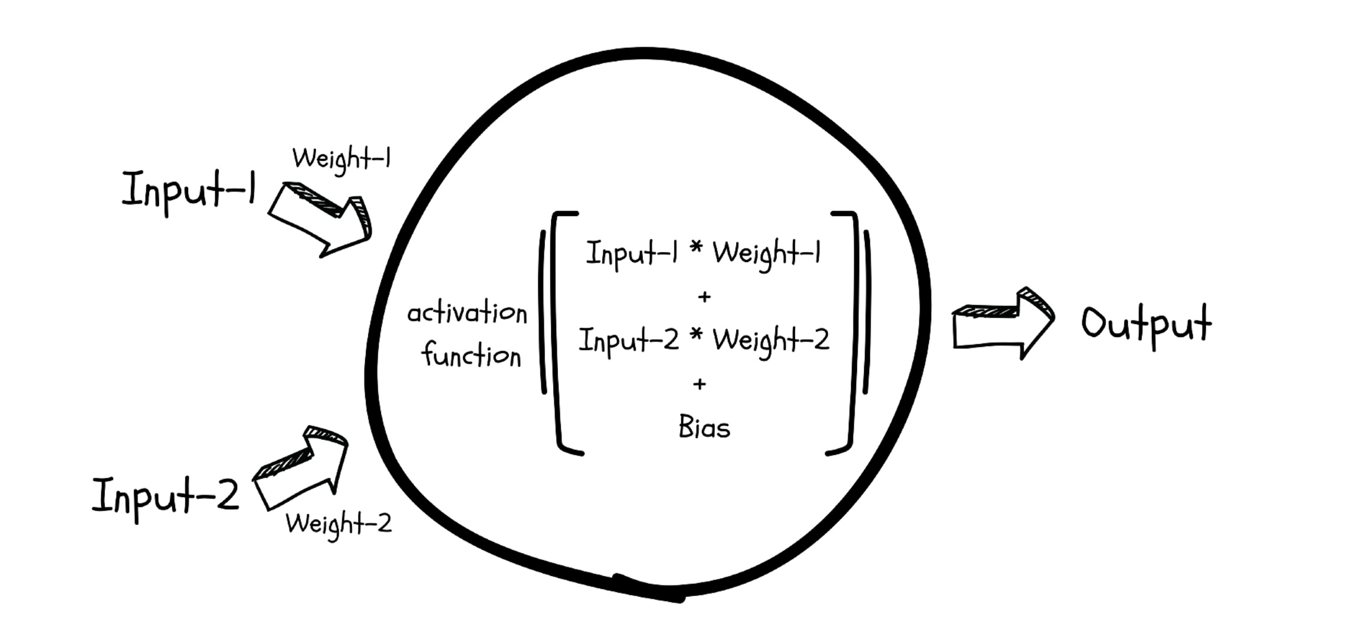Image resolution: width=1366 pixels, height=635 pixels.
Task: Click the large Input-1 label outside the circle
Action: pyautogui.click(x=189, y=190)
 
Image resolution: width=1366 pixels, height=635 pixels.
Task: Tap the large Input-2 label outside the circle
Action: pyautogui.click(x=165, y=497)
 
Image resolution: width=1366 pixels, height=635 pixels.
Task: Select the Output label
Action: pyautogui.click(x=1145, y=325)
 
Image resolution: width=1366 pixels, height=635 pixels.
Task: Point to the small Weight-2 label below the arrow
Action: pyautogui.click(x=339, y=524)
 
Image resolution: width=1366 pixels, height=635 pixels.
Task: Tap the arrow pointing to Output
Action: pyautogui.click(x=1003, y=323)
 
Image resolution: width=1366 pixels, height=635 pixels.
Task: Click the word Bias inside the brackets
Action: pyautogui.click(x=704, y=427)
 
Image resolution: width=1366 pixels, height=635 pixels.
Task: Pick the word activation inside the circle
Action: pyautogui.click(x=467, y=313)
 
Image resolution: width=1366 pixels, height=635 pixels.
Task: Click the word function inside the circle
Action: pyautogui.click(x=471, y=355)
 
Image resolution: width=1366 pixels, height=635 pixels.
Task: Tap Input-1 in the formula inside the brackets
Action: pyautogui.click(x=631, y=254)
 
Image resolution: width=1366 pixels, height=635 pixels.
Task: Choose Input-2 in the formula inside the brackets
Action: pyautogui.click(x=629, y=341)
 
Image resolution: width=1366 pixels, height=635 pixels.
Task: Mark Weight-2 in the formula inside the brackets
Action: pyautogui.click(x=770, y=341)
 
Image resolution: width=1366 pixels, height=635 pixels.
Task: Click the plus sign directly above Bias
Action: pyautogui.click(x=700, y=385)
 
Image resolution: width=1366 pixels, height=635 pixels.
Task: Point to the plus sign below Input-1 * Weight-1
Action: pyautogui.click(x=704, y=297)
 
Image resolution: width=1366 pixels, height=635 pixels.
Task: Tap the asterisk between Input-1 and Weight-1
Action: pyautogui.click(x=697, y=248)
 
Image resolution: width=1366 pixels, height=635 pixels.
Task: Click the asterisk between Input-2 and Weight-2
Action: pyautogui.click(x=697, y=335)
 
